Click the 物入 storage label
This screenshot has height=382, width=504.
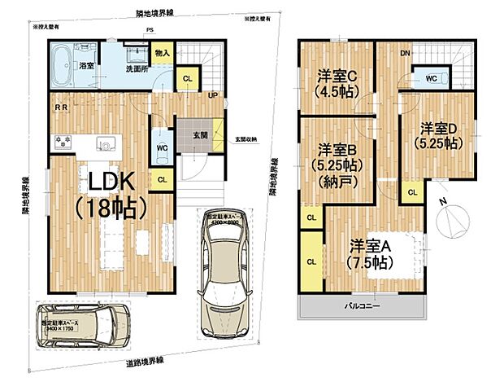[163, 53]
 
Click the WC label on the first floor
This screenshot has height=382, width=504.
[162, 148]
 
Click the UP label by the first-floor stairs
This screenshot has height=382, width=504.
[212, 94]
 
